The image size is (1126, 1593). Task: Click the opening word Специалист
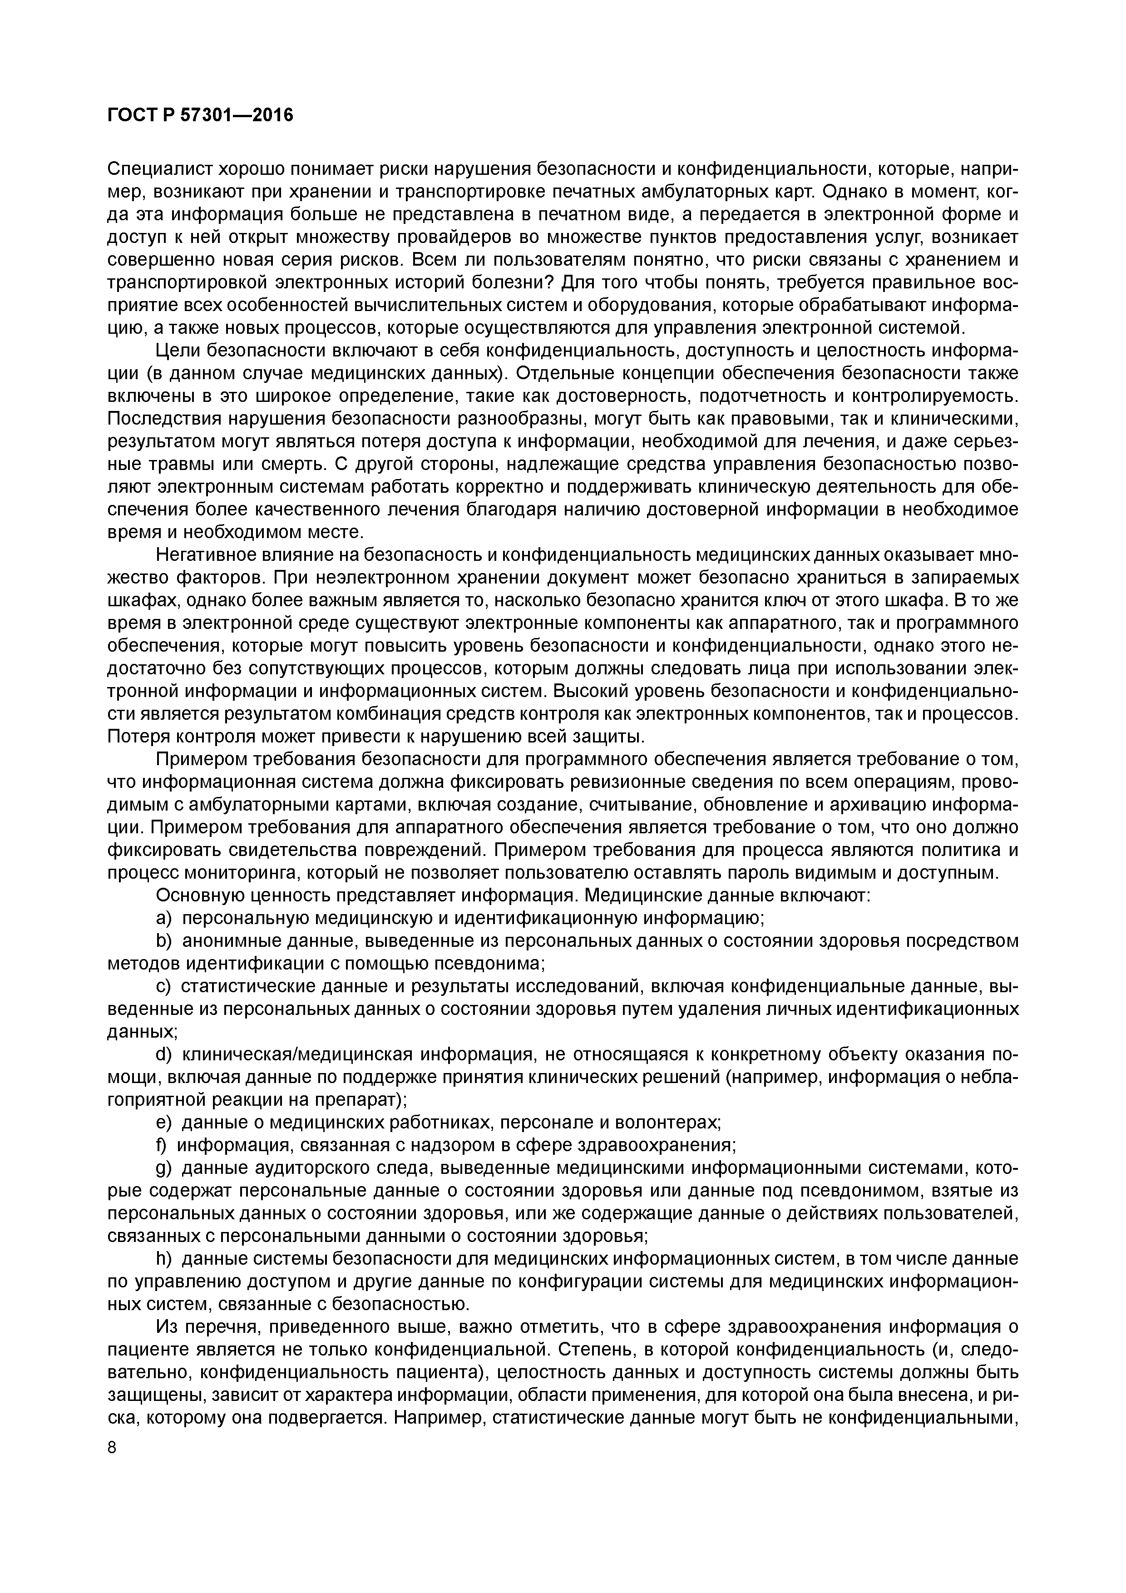[158, 169]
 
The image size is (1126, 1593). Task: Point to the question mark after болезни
[555, 283]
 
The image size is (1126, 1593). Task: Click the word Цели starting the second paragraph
[178, 351]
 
